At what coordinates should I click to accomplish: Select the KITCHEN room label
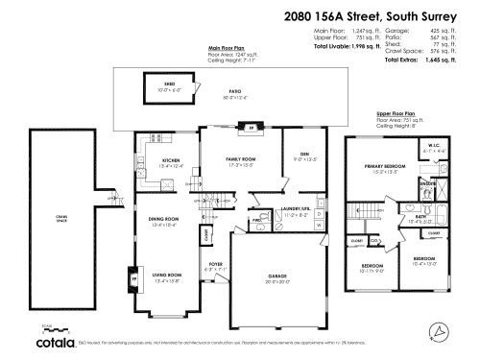coord(171,160)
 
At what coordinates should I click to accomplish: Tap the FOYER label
coord(216,266)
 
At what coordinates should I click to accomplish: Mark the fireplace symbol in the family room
coord(239,128)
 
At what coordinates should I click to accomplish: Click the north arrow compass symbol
coord(441,331)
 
